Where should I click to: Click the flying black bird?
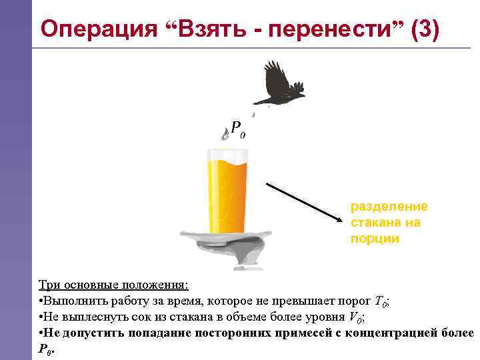pyautogui.click(x=279, y=83)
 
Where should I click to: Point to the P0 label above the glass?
pyautogui.click(x=237, y=129)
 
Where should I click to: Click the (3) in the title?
pyautogui.click(x=425, y=30)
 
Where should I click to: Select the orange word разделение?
pyautogui.click(x=389, y=207)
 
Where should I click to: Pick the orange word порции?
pyautogui.click(x=375, y=239)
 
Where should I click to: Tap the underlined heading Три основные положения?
pyautogui.click(x=113, y=285)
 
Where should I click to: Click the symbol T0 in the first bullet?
pyautogui.click(x=381, y=301)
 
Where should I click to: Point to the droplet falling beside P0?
pyautogui.click(x=224, y=135)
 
